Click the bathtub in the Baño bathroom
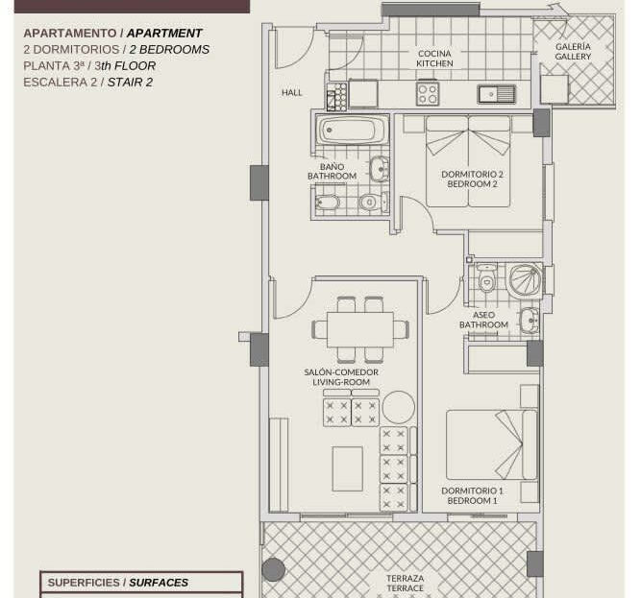coord(351,131)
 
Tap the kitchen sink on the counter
coord(497,94)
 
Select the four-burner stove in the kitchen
coord(428,94)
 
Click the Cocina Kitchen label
coord(434,59)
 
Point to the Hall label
coord(292,93)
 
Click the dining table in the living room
coord(360,329)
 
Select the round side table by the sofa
coord(399,407)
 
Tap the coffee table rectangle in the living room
coord(348,468)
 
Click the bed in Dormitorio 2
coord(468,161)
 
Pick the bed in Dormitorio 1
coord(491,444)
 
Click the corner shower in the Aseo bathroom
coord(525,280)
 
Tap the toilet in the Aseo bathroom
coord(486,278)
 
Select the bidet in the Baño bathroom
coord(328,203)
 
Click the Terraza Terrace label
coord(406,583)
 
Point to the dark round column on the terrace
coord(273,569)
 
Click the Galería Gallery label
coord(573,52)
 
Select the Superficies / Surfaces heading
coord(118,583)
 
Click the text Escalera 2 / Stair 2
coord(87,82)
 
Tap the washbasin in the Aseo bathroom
coord(530,320)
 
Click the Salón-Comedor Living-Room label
coord(341,377)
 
